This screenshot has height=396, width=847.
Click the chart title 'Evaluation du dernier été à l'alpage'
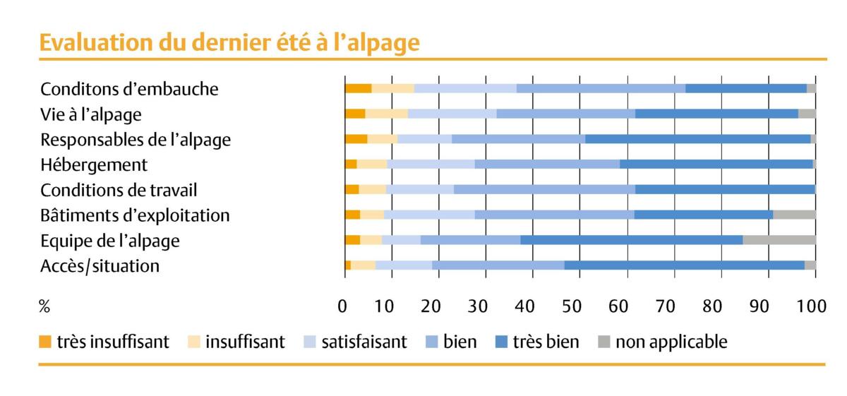point(229,43)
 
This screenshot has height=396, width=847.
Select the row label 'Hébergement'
point(94,165)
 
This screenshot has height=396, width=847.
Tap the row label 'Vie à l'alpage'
point(91,114)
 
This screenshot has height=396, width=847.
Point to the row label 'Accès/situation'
point(100,266)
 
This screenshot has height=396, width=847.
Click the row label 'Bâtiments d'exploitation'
point(135,215)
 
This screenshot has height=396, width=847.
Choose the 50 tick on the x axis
point(579,306)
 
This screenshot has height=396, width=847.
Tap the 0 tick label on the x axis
point(343,306)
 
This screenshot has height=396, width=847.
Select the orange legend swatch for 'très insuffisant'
point(46,343)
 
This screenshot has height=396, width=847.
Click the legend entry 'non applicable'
point(671,342)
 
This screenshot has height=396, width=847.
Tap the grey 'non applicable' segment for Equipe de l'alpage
point(779,240)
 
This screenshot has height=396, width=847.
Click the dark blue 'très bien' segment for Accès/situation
point(684,265)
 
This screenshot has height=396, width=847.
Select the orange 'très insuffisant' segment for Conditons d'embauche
point(358,88)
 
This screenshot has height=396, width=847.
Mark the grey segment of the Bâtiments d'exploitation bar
point(794,215)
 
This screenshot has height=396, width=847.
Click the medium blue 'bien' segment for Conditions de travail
point(544,189)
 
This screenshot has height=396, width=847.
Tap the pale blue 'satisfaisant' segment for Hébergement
point(431,164)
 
